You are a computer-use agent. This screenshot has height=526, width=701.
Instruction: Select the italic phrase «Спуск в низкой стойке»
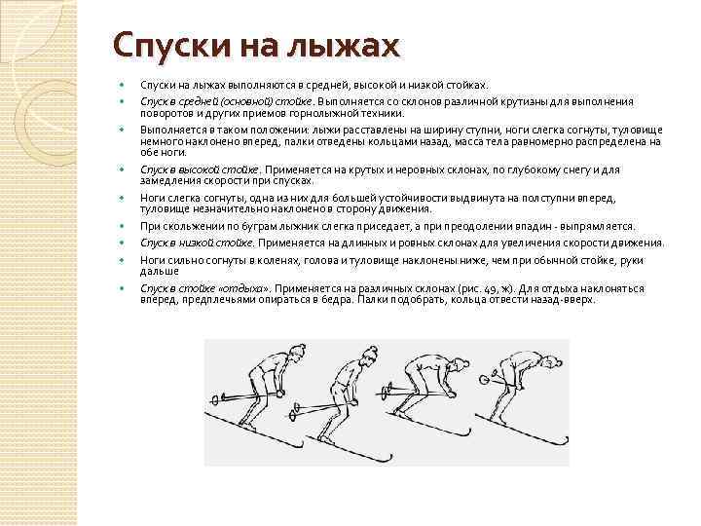click(x=195, y=243)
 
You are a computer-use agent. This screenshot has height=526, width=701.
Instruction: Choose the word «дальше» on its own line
click(x=159, y=272)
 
